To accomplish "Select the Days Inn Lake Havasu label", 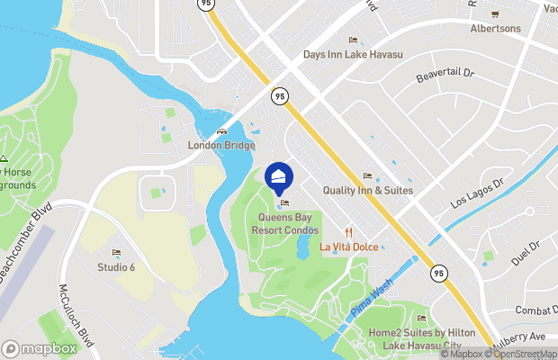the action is [x=353, y=55].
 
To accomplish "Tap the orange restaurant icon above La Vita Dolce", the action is [x=347, y=231].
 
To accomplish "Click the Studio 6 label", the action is [x=116, y=266].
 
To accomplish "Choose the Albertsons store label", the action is [x=495, y=28].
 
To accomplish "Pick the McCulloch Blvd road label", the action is [x=76, y=316].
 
